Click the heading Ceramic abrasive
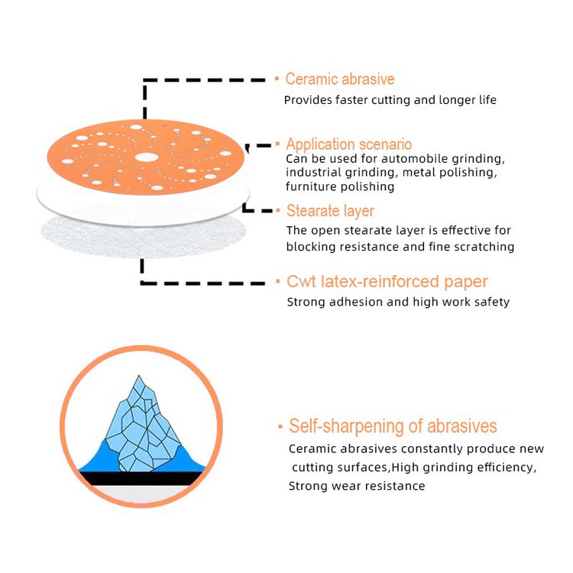click(x=339, y=79)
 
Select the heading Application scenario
click(x=348, y=144)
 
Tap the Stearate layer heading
click(x=330, y=211)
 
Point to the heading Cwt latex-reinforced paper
click(x=387, y=282)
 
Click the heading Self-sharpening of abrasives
click(x=393, y=426)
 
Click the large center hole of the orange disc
click(x=142, y=157)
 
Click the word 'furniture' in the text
click(x=311, y=186)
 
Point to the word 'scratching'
click(x=483, y=247)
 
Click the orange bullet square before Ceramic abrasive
click(x=277, y=79)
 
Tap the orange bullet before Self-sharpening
click(x=280, y=426)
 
